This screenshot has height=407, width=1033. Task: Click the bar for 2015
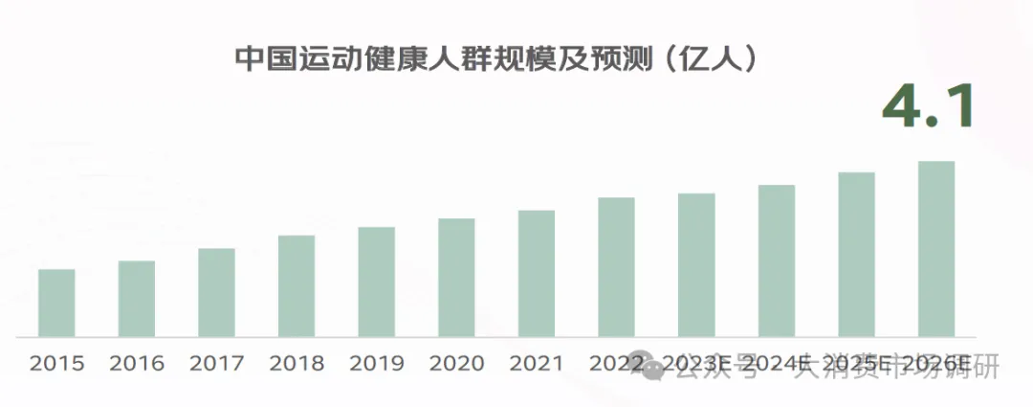click(56, 303)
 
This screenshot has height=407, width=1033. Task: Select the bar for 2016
click(137, 299)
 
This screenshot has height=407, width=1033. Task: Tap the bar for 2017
click(216, 292)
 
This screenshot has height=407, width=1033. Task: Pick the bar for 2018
click(297, 285)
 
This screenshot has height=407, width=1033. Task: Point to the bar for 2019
click(377, 282)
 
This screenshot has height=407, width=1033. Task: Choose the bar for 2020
click(456, 278)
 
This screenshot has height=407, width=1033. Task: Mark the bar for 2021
click(537, 273)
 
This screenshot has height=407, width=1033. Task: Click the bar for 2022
click(616, 267)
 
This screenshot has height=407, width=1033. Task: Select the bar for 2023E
click(696, 265)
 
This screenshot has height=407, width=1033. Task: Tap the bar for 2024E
click(777, 260)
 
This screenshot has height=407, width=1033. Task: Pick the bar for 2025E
click(856, 255)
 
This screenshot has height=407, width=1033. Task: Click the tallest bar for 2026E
click(936, 249)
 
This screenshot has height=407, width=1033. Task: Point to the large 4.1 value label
click(926, 107)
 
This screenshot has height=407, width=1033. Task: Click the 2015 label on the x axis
click(56, 364)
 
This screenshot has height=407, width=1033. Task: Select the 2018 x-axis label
click(297, 364)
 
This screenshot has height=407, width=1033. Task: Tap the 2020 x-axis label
click(456, 364)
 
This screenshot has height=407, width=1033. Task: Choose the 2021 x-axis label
click(537, 364)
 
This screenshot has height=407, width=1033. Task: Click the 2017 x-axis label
click(216, 364)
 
